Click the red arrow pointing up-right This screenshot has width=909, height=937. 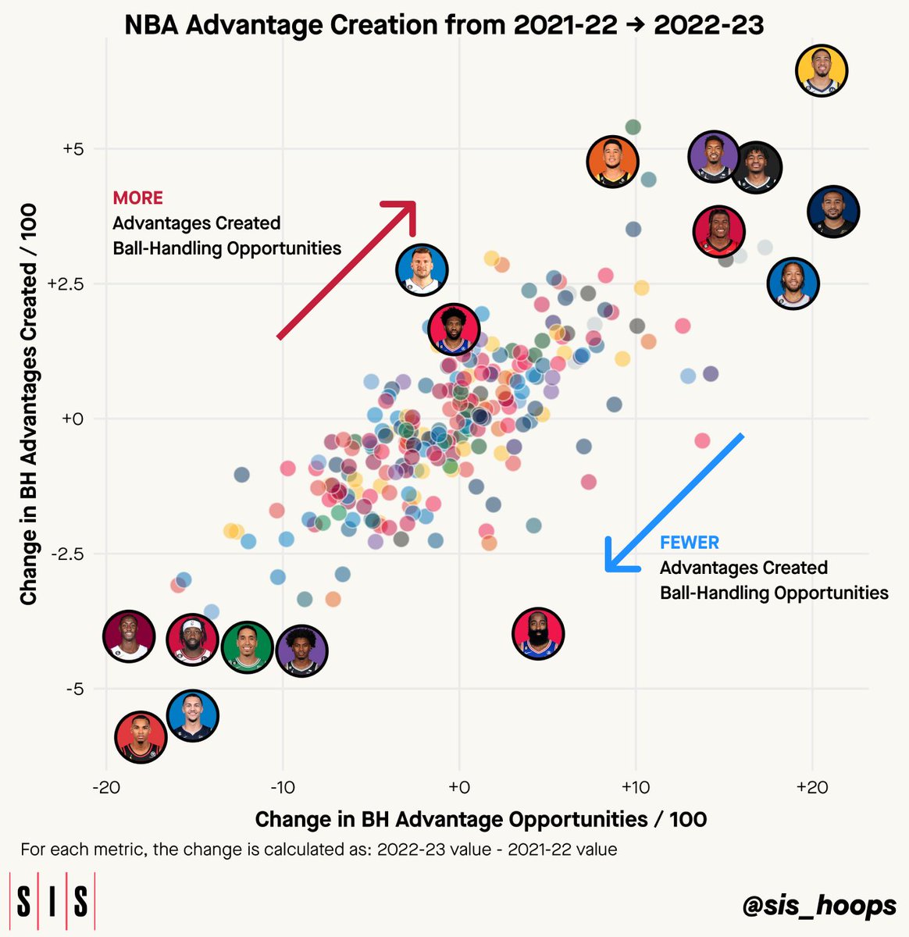click(346, 269)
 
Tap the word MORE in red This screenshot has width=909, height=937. click(137, 198)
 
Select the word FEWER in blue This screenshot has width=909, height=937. click(690, 543)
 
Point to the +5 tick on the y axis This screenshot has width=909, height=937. click(73, 149)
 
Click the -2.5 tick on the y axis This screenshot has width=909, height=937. click(67, 554)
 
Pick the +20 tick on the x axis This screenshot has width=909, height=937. click(812, 787)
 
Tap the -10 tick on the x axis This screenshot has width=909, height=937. click(282, 787)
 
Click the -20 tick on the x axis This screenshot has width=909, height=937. click(106, 787)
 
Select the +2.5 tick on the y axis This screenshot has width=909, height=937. click(65, 284)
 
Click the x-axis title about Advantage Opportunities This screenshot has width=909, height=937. click(480, 819)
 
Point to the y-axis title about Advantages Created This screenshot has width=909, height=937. click(28, 404)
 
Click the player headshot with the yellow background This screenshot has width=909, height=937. click(822, 71)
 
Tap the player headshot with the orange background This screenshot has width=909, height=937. click(612, 162)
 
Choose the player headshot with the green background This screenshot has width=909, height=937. click(248, 647)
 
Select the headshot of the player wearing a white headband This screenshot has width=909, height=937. click(193, 640)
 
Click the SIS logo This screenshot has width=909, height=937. click(52, 900)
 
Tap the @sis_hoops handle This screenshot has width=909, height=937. click(819, 906)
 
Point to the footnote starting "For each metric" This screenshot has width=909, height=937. click(319, 850)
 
